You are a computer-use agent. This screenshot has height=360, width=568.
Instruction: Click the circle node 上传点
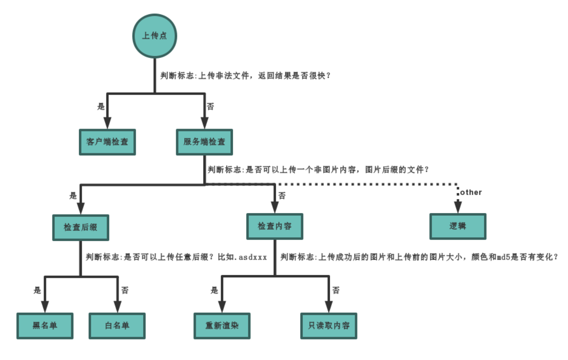coord(155,36)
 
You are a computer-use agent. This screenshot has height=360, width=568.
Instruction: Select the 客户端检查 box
coord(107,142)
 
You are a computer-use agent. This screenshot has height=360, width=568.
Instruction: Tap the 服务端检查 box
coord(204,142)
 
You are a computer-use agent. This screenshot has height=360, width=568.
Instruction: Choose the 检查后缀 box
coord(80,228)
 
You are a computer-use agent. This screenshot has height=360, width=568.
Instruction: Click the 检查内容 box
coord(275,226)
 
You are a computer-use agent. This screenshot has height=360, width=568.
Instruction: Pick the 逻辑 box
coord(457,226)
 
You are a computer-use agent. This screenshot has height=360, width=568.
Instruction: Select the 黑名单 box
coord(45,326)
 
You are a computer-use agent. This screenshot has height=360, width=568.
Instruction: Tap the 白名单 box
coord(117,326)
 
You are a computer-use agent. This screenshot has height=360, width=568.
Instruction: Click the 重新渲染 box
coord(222,326)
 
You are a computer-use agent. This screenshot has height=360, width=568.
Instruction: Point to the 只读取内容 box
coord(328,326)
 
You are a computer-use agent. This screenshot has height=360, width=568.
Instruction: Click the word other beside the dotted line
coord(471,193)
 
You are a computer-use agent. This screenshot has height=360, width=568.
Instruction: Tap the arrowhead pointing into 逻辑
coord(457,207)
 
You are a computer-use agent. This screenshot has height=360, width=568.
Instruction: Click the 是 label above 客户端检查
coord(101,106)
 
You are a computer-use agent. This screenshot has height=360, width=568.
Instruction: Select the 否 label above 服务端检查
coord(210,106)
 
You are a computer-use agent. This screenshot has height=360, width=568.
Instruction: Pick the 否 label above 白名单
coord(124,290)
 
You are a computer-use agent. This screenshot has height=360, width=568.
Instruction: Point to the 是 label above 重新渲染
coord(214,290)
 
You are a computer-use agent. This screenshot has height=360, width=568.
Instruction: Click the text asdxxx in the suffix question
coord(253,257)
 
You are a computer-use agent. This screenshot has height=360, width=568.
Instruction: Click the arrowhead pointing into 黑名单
coord(45,306)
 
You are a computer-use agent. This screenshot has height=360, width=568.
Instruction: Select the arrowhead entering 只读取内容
coord(328,306)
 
